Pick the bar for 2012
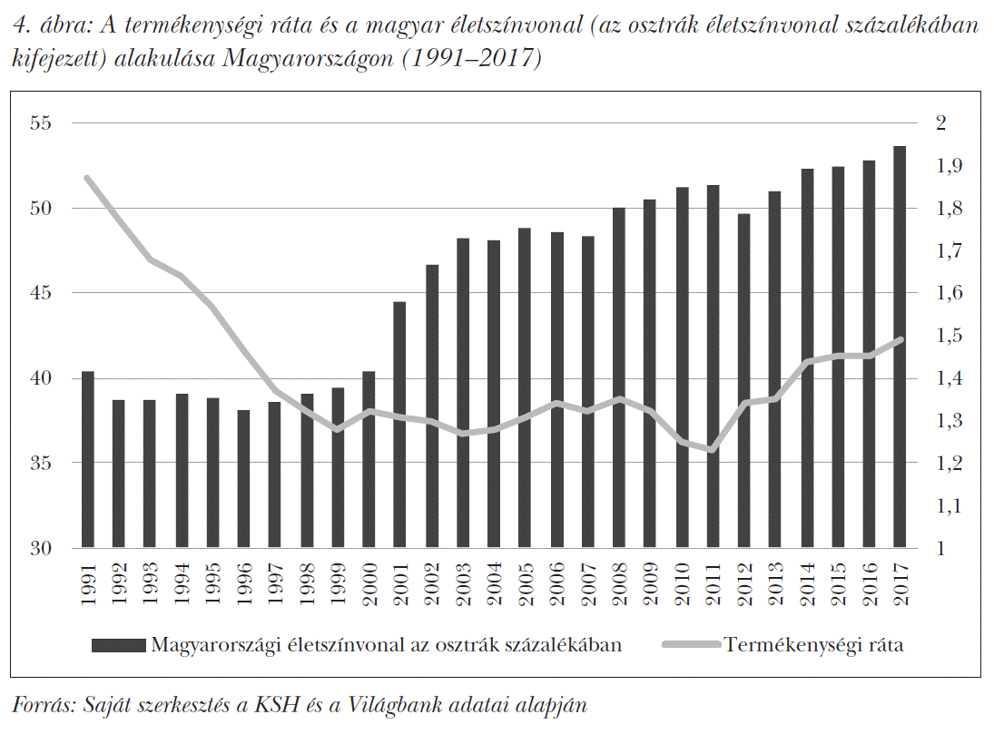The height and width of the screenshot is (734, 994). (x=743, y=381)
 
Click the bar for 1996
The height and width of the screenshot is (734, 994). (x=243, y=479)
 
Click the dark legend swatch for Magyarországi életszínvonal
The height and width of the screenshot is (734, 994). (x=118, y=645)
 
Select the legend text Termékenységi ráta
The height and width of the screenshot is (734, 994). (x=813, y=645)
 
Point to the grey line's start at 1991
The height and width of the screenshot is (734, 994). (x=88, y=178)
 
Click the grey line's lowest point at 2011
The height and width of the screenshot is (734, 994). (x=712, y=450)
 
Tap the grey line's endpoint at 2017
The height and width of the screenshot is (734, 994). (x=899, y=339)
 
